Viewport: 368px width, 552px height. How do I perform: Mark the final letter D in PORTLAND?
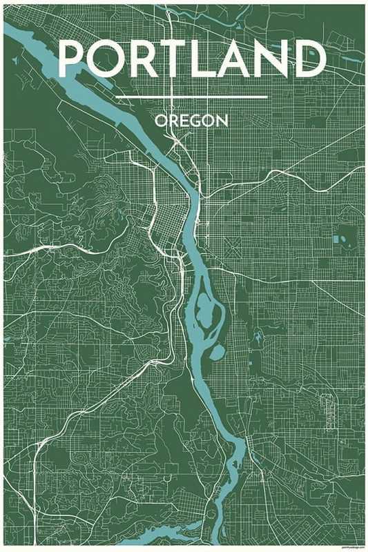(310, 58)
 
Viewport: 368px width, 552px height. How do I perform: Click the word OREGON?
(191, 121)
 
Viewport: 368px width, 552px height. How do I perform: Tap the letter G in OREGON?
(195, 121)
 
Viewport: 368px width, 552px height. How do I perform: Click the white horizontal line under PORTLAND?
(191, 97)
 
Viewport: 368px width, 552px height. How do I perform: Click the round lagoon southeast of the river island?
(216, 353)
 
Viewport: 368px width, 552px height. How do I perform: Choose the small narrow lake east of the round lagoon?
(257, 338)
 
